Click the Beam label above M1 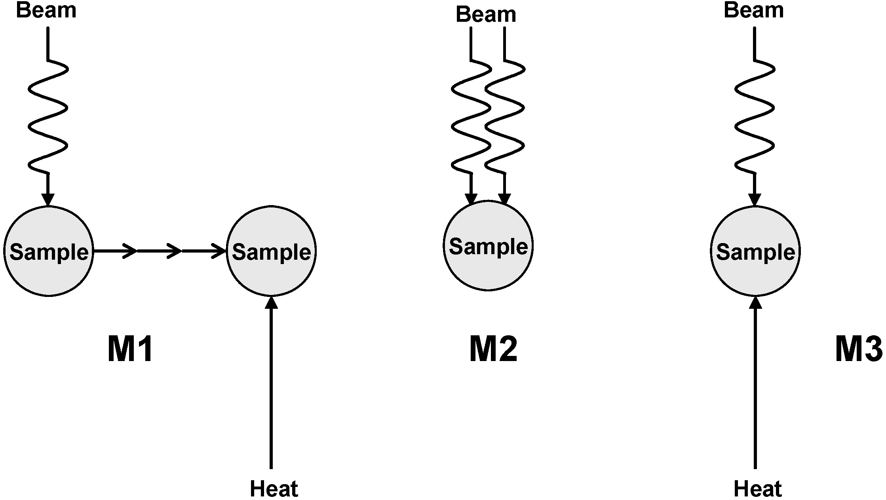[46, 10]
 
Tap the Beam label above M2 [486, 15]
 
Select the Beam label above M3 [753, 10]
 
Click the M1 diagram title [130, 349]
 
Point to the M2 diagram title [493, 349]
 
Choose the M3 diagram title [859, 349]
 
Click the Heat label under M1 [274, 489]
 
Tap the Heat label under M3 [757, 489]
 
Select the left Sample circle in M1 [48, 251]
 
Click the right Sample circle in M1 [271, 251]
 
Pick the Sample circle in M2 [488, 246]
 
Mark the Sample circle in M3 [755, 251]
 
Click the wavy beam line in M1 [48, 117]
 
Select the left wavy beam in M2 [471, 117]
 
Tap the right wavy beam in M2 [504, 117]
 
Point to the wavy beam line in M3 [755, 117]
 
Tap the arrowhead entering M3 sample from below [755, 303]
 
